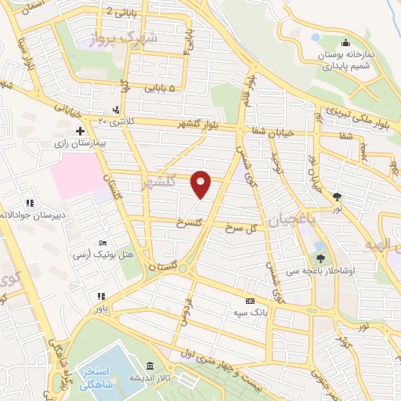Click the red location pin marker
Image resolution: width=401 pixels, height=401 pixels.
tap(202, 183)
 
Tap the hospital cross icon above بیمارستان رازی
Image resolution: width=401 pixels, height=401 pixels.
tap(80, 130)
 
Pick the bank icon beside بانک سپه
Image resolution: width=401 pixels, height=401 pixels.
tap(251, 302)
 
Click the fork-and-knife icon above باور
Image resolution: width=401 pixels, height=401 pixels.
tap(100, 296)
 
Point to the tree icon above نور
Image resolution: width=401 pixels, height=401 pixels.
tap(338, 197)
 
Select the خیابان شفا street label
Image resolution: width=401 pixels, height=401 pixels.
tap(274, 131)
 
